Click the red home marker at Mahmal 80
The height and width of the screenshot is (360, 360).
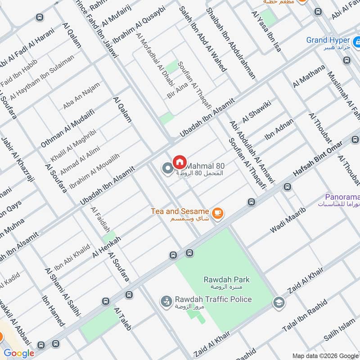tap(180, 161)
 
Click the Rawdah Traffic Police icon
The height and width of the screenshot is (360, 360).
tap(166, 300)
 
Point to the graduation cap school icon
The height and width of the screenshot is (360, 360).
tap(279, 302)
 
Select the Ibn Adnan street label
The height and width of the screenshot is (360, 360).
tap(279, 129)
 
